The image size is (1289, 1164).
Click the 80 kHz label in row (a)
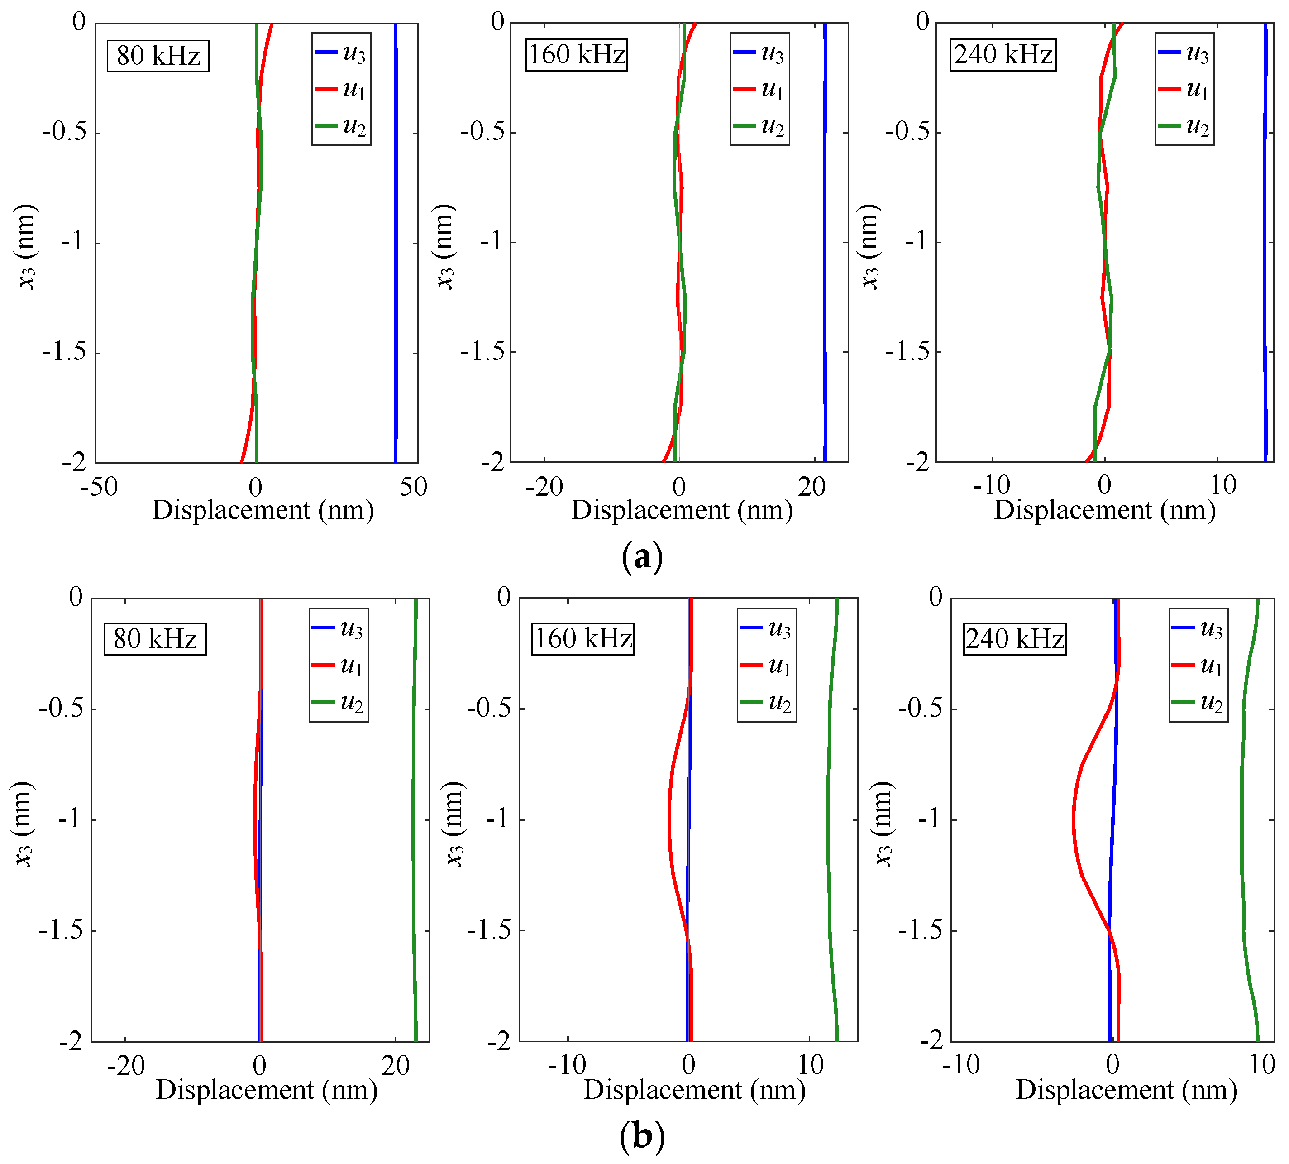click(x=158, y=56)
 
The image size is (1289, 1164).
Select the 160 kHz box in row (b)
click(x=582, y=638)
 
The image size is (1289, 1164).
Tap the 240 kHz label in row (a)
click(x=1003, y=54)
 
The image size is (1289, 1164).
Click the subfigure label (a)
click(x=642, y=557)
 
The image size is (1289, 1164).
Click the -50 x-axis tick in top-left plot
click(x=99, y=487)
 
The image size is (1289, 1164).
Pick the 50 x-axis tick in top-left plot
click(x=413, y=487)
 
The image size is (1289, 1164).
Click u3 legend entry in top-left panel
click(x=342, y=53)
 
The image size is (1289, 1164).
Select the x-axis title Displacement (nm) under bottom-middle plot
click(x=694, y=1090)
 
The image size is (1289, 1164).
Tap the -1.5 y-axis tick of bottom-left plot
click(x=62, y=930)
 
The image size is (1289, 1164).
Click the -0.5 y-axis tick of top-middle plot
click(x=481, y=132)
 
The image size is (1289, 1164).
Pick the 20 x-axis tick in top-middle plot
click(x=812, y=487)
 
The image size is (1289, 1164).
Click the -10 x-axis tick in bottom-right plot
click(x=961, y=1065)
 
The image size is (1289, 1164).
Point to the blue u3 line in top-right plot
click(x=1264, y=243)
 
